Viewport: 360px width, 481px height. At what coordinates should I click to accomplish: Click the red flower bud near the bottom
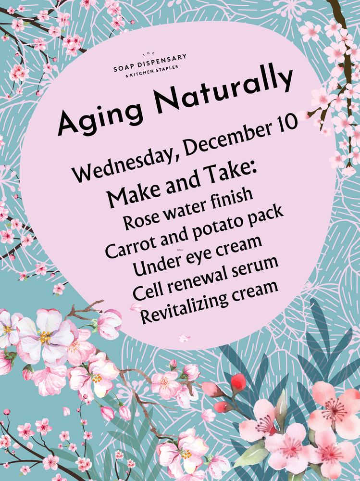click(237, 383)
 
